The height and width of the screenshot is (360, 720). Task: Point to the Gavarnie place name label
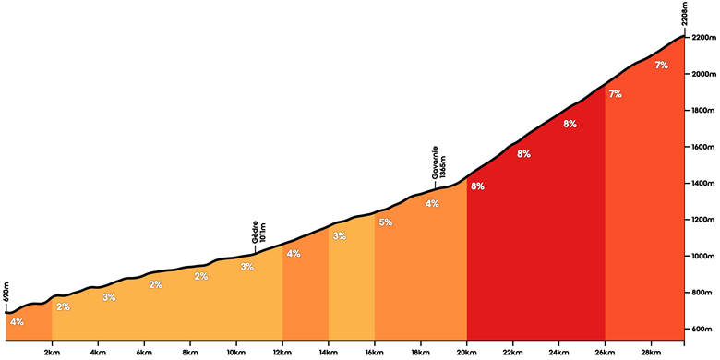click(435, 162)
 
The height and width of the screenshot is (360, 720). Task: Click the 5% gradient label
click(386, 222)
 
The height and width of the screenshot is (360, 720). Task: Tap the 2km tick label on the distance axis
click(52, 352)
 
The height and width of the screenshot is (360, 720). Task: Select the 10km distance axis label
click(236, 352)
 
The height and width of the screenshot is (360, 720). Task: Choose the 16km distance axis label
click(374, 352)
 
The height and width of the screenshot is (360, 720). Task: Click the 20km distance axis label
click(466, 352)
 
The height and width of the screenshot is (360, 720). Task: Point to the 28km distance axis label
click(651, 352)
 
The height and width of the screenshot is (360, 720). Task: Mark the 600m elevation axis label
click(702, 330)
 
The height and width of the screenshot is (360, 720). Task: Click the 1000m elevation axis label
click(703, 257)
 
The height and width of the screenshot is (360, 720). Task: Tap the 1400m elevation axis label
click(703, 183)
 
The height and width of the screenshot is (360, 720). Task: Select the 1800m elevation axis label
click(703, 110)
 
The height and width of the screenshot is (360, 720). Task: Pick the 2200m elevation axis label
click(704, 37)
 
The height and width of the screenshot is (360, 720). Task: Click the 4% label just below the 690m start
click(17, 322)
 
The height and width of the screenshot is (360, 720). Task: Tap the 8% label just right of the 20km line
click(477, 186)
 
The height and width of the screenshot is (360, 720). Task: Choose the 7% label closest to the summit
click(661, 66)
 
